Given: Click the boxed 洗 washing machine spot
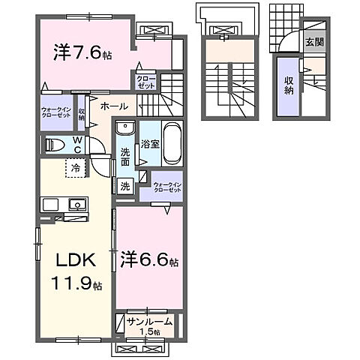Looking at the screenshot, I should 124,184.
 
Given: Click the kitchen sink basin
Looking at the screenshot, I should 76,203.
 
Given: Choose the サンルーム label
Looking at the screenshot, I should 150,322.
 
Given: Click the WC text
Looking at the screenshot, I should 77,143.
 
